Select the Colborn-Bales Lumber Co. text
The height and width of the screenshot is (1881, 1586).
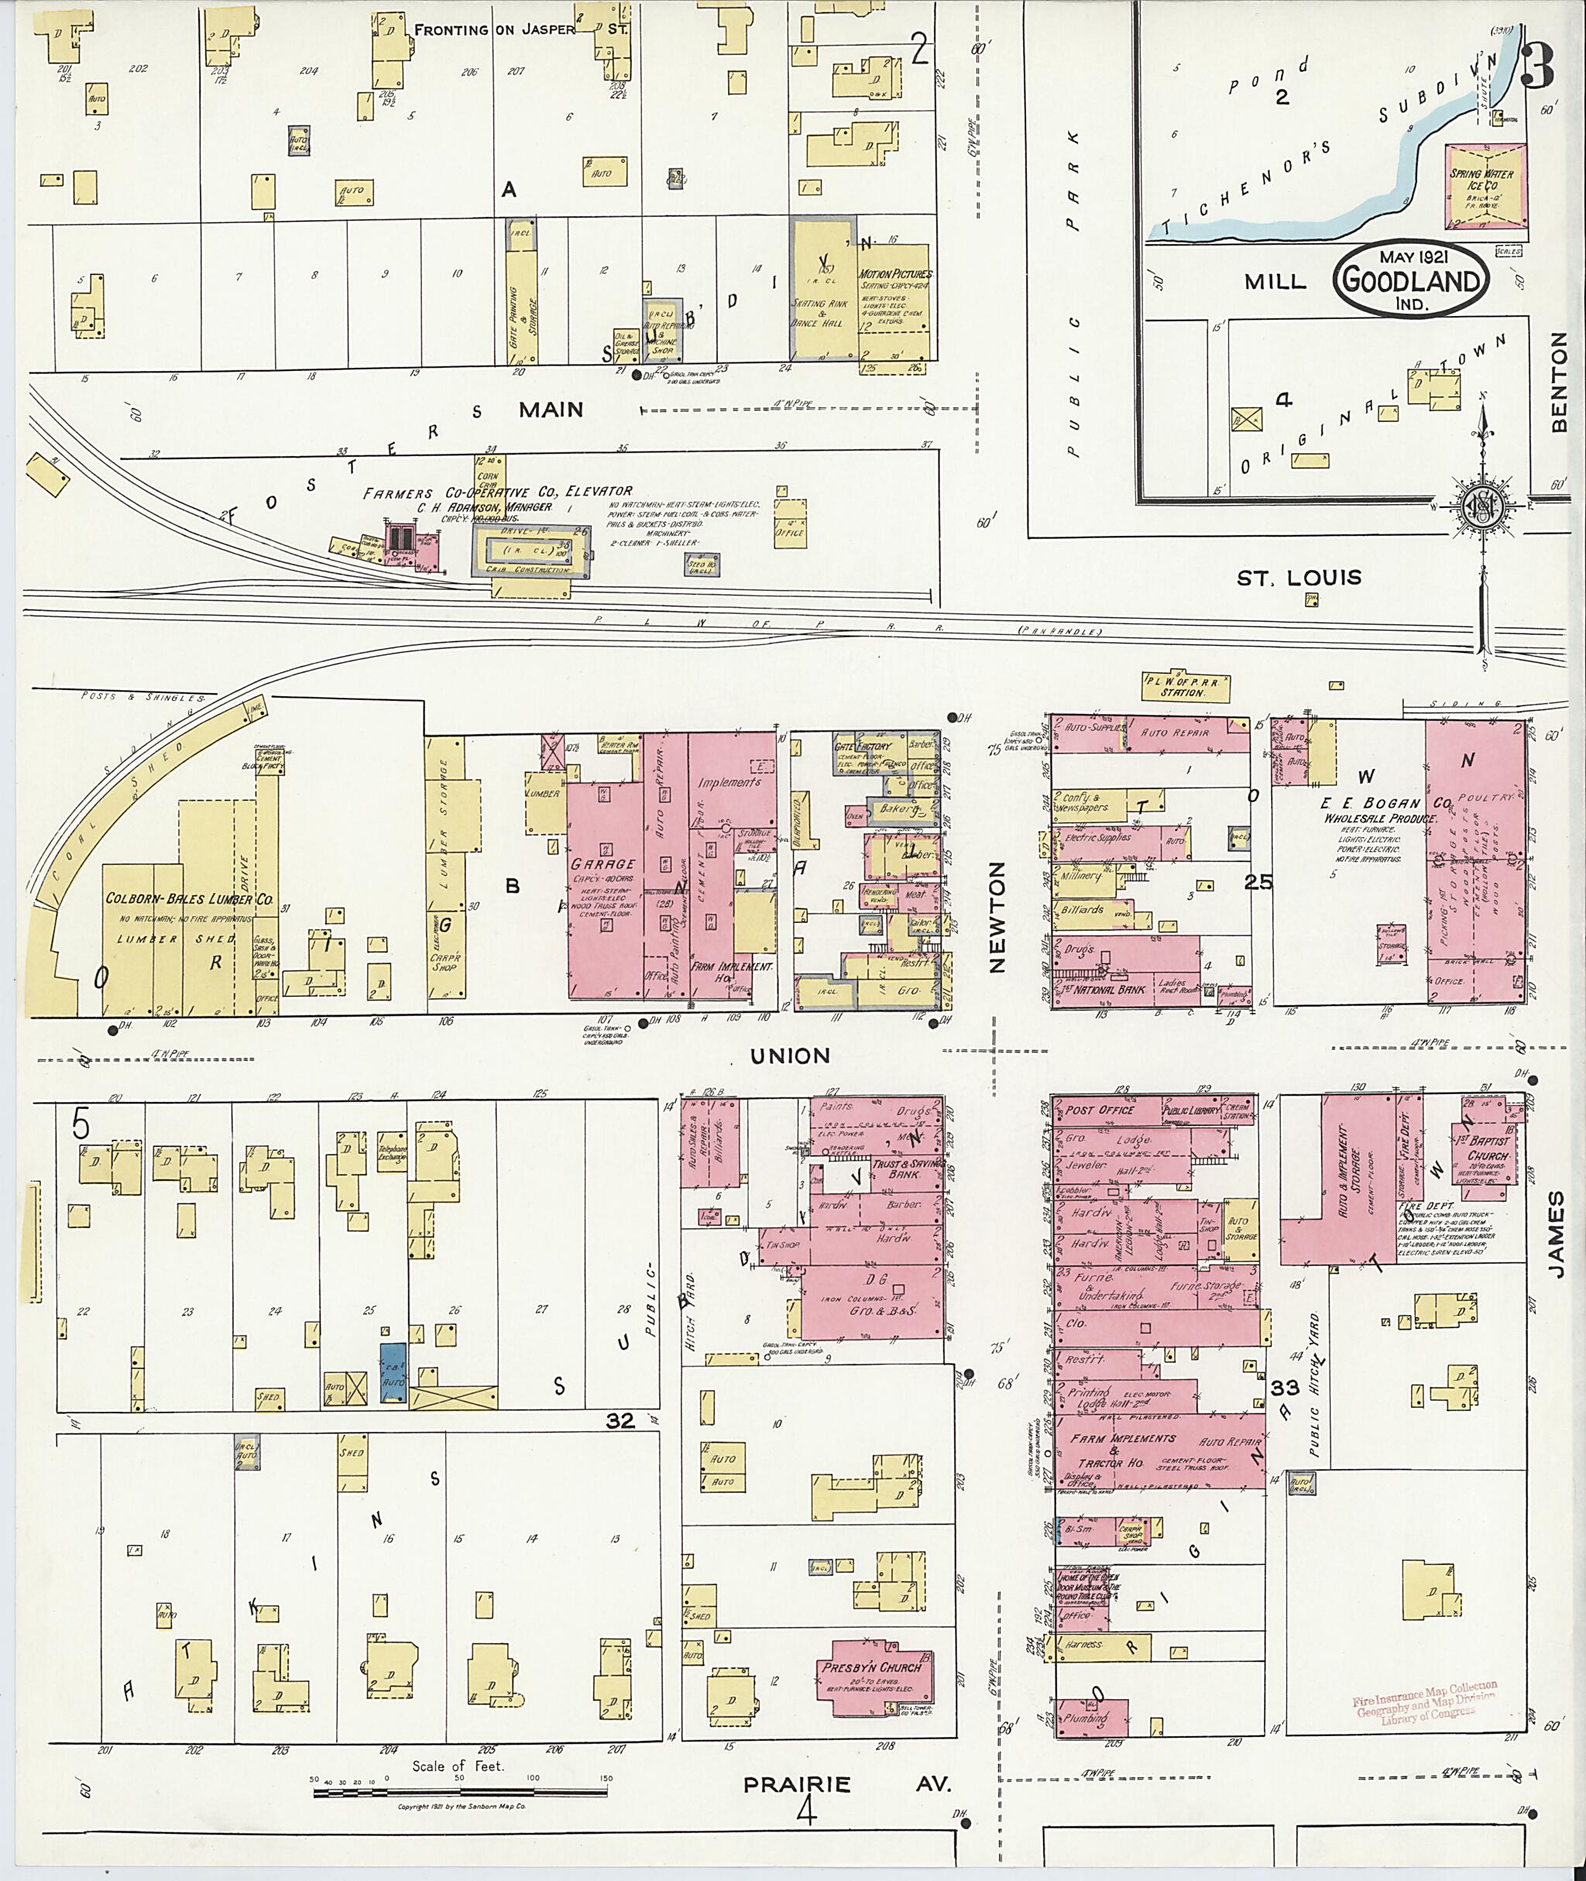coord(188,898)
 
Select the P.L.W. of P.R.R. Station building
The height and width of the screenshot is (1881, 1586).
coord(1180,687)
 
